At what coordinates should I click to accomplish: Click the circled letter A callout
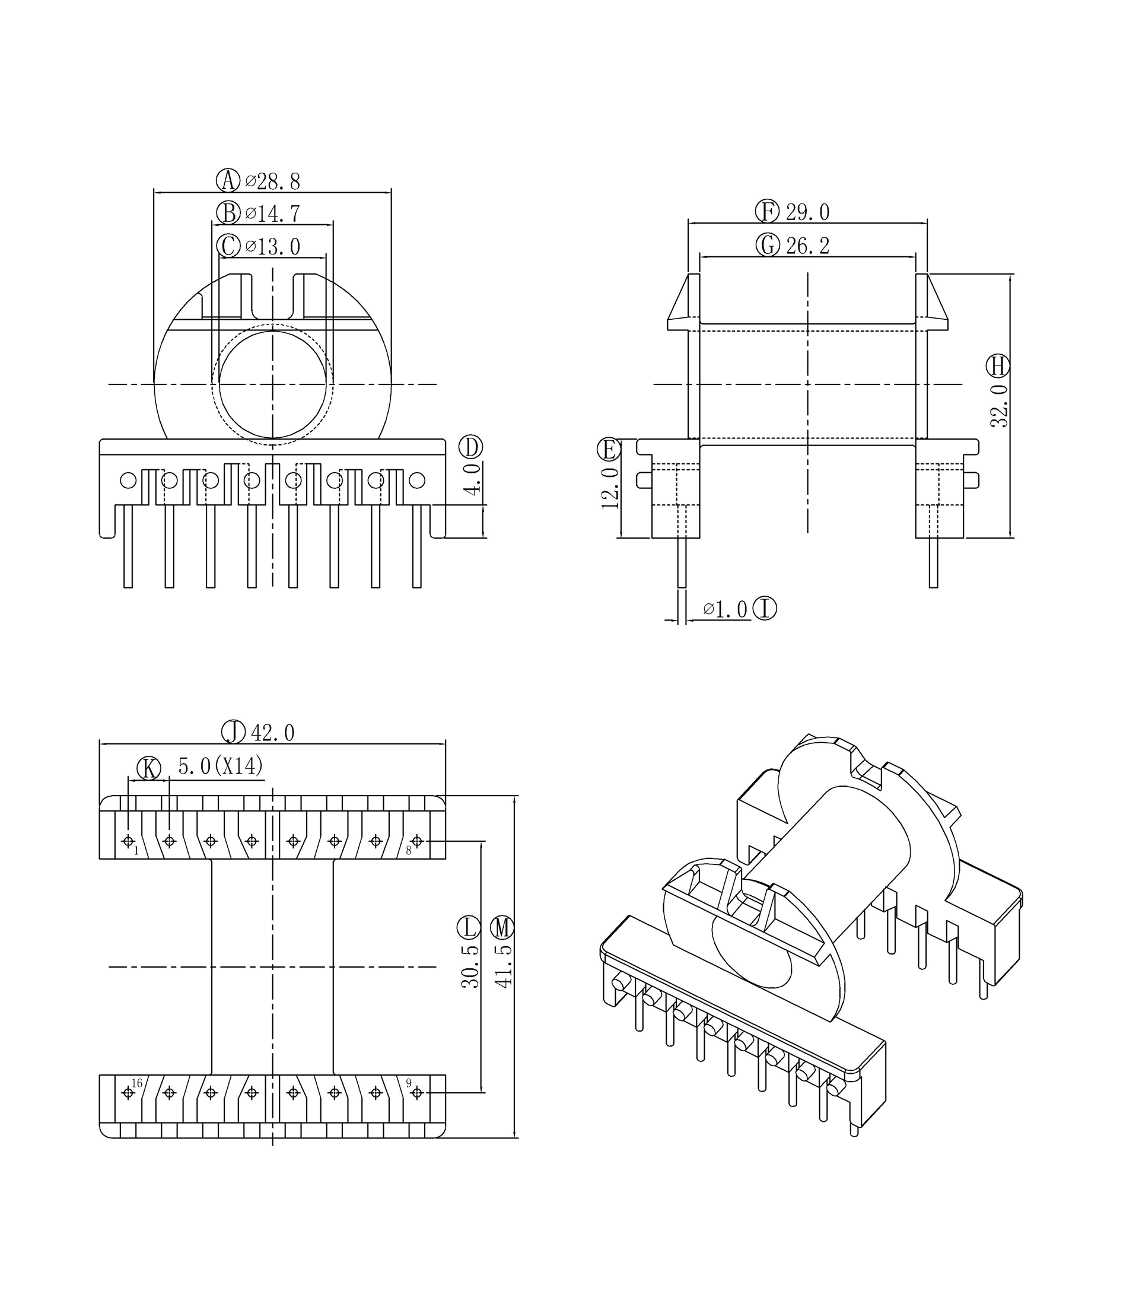[x=228, y=180]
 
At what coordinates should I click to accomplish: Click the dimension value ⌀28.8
[x=273, y=182]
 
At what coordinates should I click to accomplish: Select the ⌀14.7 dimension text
[x=273, y=214]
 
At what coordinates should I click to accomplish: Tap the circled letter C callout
[x=228, y=246]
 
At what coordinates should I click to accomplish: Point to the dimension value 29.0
[x=808, y=212]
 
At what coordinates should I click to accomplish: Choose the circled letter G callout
[x=768, y=244]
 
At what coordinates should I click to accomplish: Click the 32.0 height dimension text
[x=1000, y=405]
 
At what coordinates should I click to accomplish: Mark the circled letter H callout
[x=998, y=365]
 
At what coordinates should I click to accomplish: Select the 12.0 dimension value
[x=610, y=488]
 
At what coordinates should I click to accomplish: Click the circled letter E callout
[x=609, y=449]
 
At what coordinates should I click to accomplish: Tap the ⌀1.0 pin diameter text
[x=725, y=609]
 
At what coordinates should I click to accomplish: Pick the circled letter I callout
[x=765, y=609]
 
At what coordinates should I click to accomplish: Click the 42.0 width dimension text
[x=273, y=733]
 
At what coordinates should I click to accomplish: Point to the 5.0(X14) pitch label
[x=221, y=767]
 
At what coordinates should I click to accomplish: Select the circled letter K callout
[x=149, y=768]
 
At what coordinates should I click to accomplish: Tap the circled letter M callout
[x=502, y=928]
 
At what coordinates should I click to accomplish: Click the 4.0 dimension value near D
[x=472, y=479]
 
